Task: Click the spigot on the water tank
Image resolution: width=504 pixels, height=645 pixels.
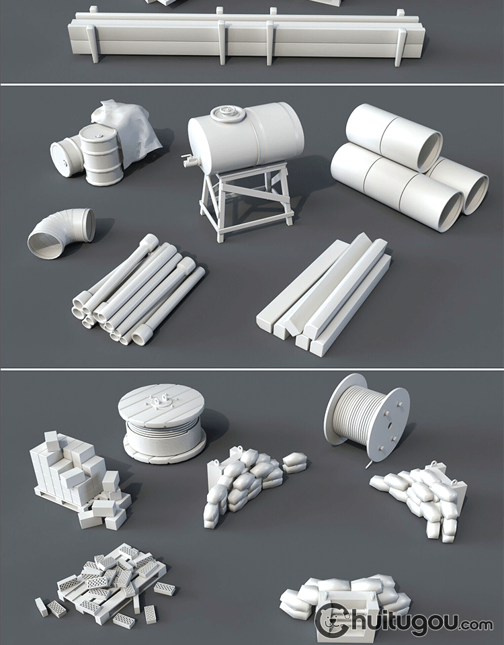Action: pos(190,160)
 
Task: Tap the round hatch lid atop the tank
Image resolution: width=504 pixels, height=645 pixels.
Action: pos(228,114)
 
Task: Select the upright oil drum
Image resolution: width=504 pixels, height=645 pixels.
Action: pos(101,155)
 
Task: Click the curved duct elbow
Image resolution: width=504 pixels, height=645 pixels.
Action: pos(61,232)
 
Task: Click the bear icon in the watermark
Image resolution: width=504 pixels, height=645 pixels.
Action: pos(332,620)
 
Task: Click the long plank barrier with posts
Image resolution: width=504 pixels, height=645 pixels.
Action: pos(247,37)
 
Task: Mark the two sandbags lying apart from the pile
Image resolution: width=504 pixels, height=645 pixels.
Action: pos(294,462)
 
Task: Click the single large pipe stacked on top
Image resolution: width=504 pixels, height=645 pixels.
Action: pos(394,137)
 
